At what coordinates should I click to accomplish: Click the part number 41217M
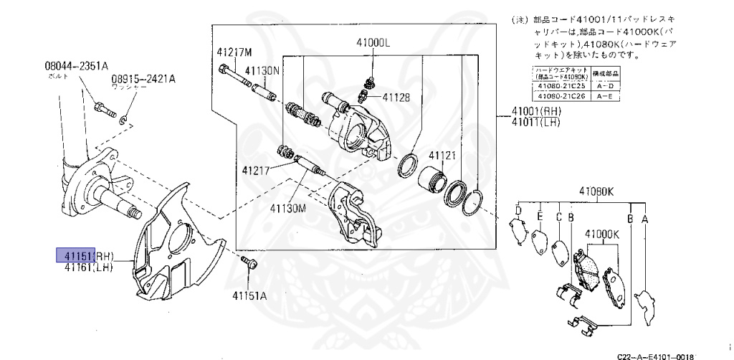pos(234,52)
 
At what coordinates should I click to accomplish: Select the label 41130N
pos(262,71)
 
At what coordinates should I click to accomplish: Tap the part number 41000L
pos(372,42)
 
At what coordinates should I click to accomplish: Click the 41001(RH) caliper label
pos(537,111)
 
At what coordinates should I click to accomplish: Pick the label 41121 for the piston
pos(442,156)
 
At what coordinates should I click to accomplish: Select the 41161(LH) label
pos(89,267)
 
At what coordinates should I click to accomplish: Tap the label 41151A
pos(249,294)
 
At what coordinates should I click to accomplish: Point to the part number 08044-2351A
pos(77,65)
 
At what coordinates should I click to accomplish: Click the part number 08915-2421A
pos(143,78)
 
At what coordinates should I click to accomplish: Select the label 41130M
pos(288,208)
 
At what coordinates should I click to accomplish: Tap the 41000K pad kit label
pos(602,234)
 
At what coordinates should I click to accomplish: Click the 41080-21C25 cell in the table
pos(561,86)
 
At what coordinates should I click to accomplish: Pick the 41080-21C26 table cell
pos(561,95)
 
